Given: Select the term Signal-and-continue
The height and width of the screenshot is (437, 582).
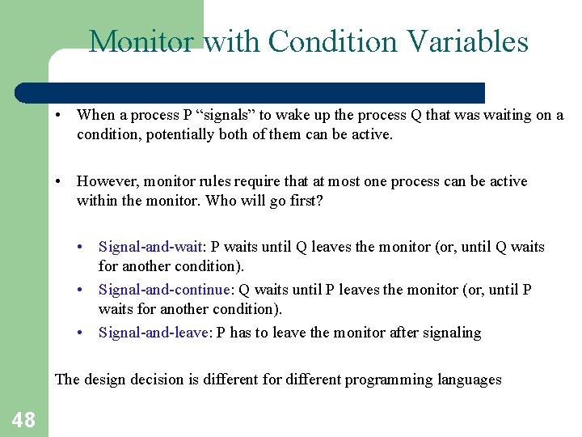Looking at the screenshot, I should (x=165, y=290).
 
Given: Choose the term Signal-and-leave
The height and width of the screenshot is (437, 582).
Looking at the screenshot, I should (x=154, y=333).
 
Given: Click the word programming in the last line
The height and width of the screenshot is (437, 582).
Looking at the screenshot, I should (x=386, y=379).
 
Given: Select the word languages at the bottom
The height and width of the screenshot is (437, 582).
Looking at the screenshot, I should (x=468, y=379).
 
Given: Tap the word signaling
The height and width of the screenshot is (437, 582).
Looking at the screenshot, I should (x=450, y=333).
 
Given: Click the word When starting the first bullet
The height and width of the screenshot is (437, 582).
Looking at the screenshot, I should (x=96, y=115).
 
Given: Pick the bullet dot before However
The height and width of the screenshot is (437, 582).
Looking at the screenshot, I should (x=60, y=181).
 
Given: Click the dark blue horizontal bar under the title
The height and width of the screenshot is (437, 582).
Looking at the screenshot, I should (x=267, y=92).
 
